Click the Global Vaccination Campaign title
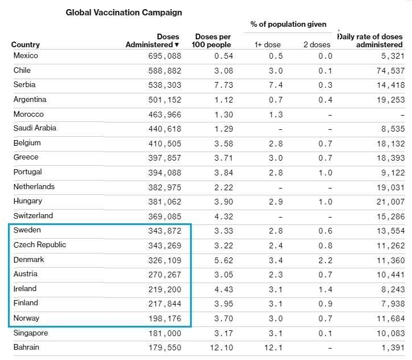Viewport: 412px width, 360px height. tap(123, 13)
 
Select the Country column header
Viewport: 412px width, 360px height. tap(26, 44)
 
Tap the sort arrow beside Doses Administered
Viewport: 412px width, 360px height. tap(177, 44)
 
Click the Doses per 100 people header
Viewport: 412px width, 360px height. tap(211, 40)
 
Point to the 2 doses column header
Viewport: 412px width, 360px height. tap(317, 44)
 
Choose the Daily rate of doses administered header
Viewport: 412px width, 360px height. tap(370, 40)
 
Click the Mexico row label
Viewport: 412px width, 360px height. tap(26, 55)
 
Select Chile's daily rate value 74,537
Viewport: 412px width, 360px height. tap(390, 71)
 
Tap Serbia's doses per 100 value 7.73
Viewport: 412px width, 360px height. tap(224, 85)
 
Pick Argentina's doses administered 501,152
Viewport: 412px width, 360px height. tap(165, 100)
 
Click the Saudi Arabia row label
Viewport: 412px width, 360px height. tap(35, 128)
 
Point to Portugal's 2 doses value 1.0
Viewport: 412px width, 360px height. tap(326, 173)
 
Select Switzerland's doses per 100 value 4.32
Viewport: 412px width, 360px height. tap(224, 216)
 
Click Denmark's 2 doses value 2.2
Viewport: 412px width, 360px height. tap(326, 260)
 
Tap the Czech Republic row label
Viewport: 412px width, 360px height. tap(40, 244)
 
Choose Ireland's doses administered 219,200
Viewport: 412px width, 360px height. tap(165, 289)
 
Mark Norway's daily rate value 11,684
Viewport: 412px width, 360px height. tap(391, 319)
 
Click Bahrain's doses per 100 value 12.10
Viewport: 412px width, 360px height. tap(221, 347)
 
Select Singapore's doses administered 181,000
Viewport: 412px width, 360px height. tap(165, 333)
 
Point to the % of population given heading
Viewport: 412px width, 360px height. tap(289, 24)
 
